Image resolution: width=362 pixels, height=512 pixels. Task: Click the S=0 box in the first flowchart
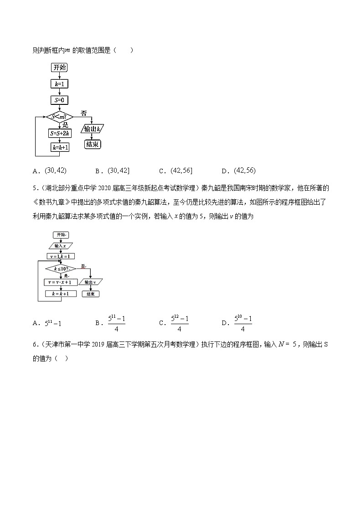pyautogui.click(x=59, y=100)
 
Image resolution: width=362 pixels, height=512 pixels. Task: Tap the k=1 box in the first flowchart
pyautogui.click(x=59, y=84)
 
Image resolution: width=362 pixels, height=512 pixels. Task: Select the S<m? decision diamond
pyautogui.click(x=59, y=117)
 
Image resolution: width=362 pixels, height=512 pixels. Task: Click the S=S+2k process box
pyautogui.click(x=59, y=133)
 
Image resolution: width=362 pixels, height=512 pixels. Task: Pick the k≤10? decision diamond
pyautogui.click(x=61, y=269)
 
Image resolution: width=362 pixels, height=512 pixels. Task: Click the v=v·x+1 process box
pyautogui.click(x=61, y=283)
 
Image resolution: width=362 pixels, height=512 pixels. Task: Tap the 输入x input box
pyautogui.click(x=61, y=246)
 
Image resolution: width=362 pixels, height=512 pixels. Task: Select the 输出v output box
pyautogui.click(x=90, y=283)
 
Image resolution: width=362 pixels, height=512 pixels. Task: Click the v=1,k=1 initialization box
pyautogui.click(x=61, y=256)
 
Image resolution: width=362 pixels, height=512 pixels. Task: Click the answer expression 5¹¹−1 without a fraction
pyautogui.click(x=53, y=323)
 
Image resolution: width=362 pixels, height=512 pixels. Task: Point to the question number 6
pyautogui.click(x=35, y=344)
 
